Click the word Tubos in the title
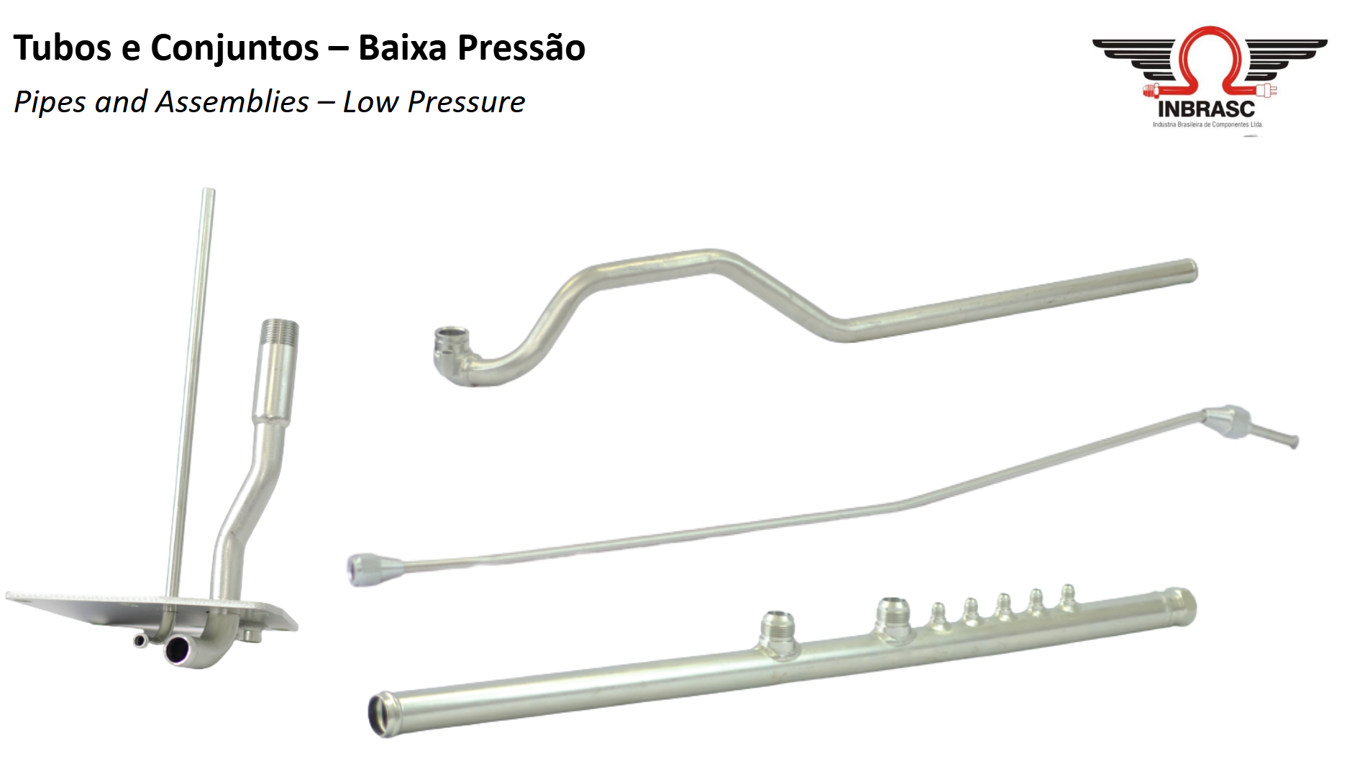(63, 48)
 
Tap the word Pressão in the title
(521, 48)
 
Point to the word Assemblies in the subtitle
(232, 102)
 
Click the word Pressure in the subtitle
(466, 102)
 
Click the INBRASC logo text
(1206, 109)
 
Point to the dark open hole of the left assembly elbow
(177, 651)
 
